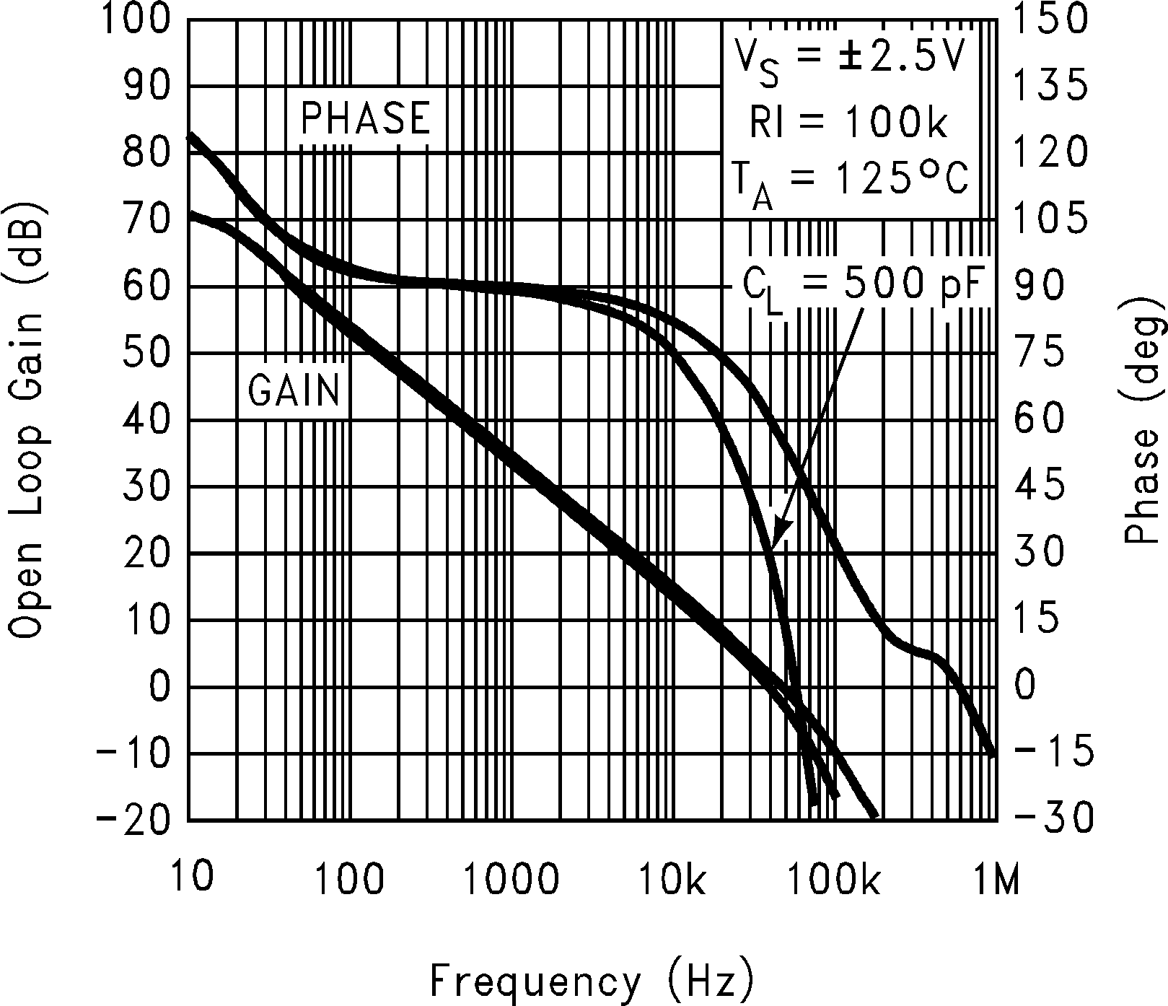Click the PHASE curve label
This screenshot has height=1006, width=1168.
coord(365,118)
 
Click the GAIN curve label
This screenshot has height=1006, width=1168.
coord(294,390)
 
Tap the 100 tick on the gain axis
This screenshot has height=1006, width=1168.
coord(136,19)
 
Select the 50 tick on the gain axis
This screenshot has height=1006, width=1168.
coord(147,353)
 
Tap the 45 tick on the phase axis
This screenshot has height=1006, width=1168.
coord(1039,486)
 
